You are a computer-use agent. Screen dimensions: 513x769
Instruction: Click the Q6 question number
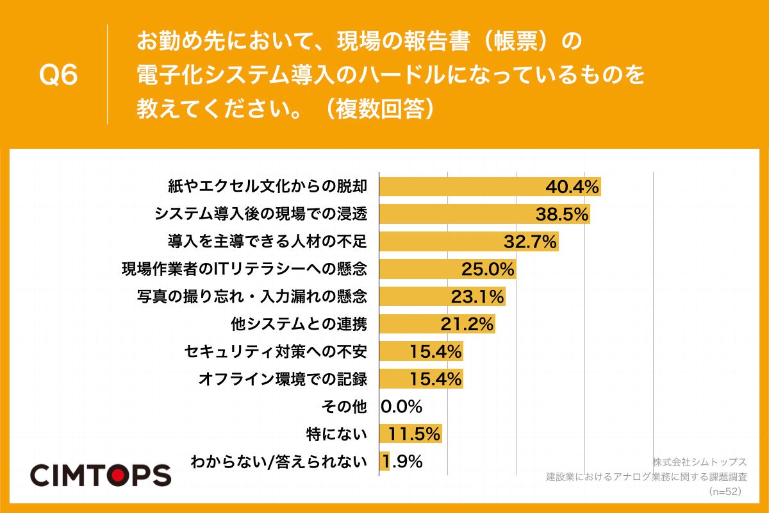point(58,76)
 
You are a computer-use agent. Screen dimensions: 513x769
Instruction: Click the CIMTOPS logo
point(101,475)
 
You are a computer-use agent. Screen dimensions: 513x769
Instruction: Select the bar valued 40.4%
point(461,187)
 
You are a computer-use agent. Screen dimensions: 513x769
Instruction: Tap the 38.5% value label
point(562,214)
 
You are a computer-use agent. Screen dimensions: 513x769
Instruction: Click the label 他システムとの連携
point(299,324)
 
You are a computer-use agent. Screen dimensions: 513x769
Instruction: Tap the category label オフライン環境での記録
point(283,379)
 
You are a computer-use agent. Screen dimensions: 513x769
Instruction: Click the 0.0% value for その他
point(402,407)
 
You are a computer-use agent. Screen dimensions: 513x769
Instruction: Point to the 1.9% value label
point(402,462)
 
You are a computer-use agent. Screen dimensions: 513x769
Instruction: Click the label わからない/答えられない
point(279,462)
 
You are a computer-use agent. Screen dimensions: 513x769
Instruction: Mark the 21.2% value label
point(467,324)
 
